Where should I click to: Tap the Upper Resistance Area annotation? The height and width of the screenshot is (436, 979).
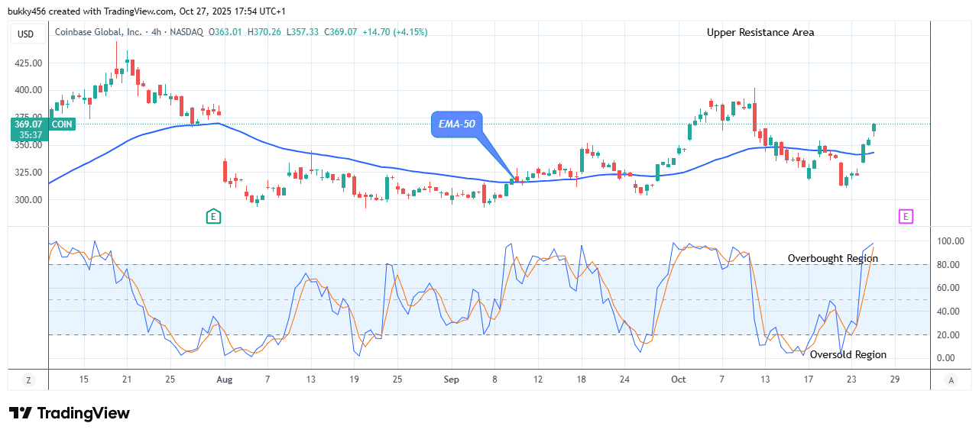pos(760,32)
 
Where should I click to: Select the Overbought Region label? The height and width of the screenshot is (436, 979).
pos(832,259)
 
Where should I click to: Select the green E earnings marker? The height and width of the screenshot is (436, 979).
pos(213,217)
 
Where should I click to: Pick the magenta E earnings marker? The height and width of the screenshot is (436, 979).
pos(905,217)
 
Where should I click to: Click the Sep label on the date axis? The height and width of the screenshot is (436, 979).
pos(451,379)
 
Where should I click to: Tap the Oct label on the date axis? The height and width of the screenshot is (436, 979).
pos(678,379)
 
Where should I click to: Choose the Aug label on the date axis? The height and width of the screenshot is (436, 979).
pos(224,379)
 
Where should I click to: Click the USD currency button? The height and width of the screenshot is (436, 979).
pos(26,34)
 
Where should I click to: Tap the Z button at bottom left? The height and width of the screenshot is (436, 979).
pos(28,379)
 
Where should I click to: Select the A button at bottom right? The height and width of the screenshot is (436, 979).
pos(951,379)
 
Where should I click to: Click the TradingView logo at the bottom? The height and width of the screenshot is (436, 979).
pos(70,413)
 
